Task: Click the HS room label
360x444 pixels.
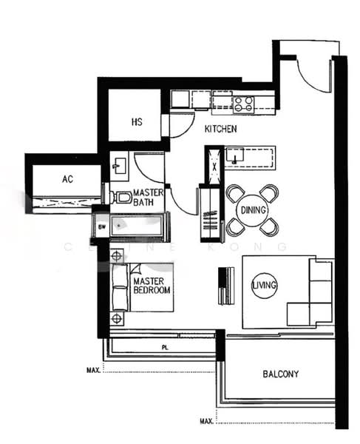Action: pyautogui.click(x=137, y=121)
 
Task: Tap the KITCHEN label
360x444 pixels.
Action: pyautogui.click(x=220, y=129)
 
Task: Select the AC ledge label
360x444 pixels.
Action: pyautogui.click(x=67, y=179)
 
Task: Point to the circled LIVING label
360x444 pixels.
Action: pyautogui.click(x=262, y=284)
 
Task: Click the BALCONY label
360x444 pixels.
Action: pyautogui.click(x=281, y=374)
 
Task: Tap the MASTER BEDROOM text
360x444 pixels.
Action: pyautogui.click(x=152, y=286)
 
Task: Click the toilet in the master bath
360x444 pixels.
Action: pyautogui.click(x=120, y=197)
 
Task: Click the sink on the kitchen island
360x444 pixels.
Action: pyautogui.click(x=235, y=155)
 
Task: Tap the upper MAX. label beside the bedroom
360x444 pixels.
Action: pyautogui.click(x=93, y=369)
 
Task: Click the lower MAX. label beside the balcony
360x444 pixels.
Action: pyautogui.click(x=207, y=422)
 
